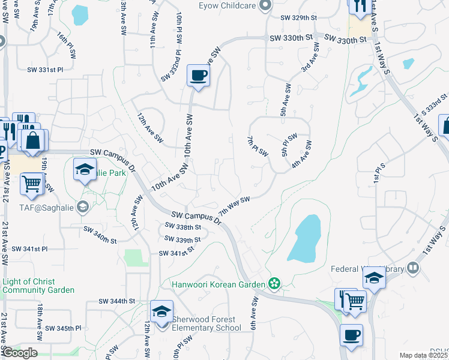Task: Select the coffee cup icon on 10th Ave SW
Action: point(198,76)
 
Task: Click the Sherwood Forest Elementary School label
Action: point(206,323)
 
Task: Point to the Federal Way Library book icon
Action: point(413,268)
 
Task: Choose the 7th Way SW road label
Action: point(234,207)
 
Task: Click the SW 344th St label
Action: point(117,301)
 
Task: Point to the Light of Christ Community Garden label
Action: point(37,286)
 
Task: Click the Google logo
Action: point(19,353)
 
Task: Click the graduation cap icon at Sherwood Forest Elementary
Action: point(161,312)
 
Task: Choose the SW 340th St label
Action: point(100,235)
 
